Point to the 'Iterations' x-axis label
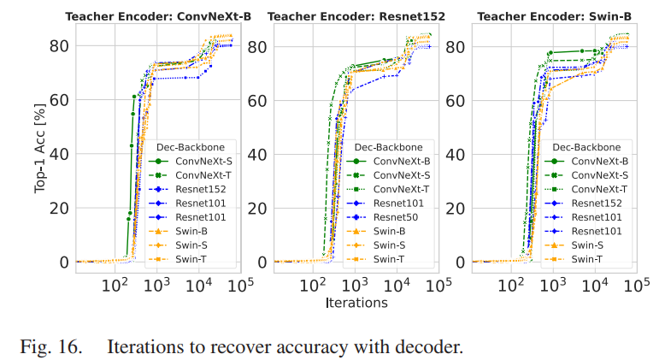point(356,303)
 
